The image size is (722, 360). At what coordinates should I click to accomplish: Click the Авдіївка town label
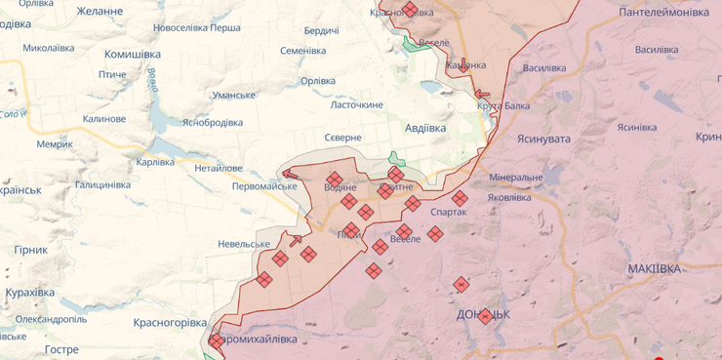424,128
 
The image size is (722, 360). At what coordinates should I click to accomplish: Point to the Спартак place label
448,212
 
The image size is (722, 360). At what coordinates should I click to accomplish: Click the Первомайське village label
264,185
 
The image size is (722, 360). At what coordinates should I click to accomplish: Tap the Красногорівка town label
171,322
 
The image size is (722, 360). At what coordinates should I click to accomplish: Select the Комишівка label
133,55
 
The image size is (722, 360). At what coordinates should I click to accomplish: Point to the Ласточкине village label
356,104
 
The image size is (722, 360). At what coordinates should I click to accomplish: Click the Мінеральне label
516,178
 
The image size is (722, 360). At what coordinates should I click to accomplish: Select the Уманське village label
234,95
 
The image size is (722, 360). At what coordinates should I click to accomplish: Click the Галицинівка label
102,184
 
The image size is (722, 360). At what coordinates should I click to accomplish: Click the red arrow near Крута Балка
482,95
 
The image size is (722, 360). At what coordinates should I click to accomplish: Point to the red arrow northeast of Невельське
296,239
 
